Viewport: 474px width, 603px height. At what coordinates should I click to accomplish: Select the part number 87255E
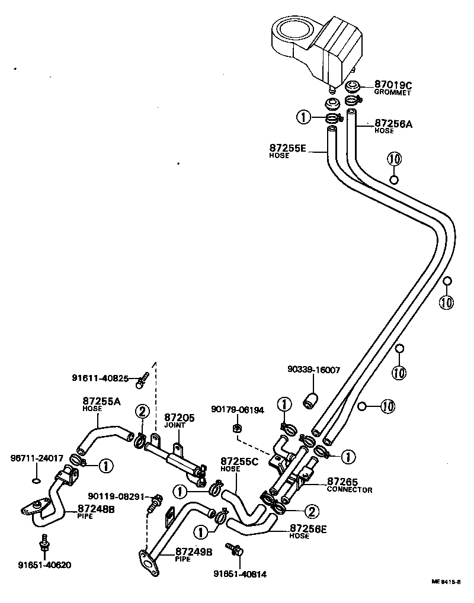pos(288,147)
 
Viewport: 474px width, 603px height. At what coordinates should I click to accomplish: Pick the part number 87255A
pos(101,402)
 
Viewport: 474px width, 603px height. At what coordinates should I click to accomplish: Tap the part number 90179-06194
pos(238,409)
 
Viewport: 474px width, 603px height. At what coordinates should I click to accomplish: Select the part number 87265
pos(341,483)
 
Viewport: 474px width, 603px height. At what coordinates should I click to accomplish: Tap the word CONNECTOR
pos(350,490)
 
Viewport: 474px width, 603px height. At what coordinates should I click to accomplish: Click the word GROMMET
pos(392,93)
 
